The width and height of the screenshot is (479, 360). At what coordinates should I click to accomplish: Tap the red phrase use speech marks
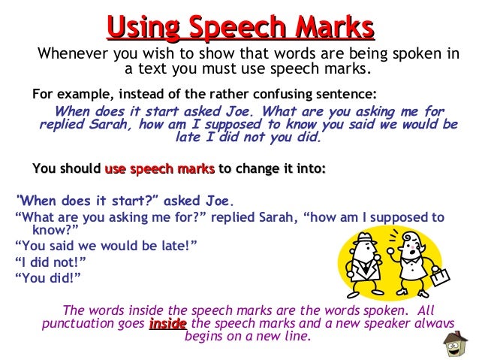(160, 169)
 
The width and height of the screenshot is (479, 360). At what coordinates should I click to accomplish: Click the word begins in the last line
(204, 337)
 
